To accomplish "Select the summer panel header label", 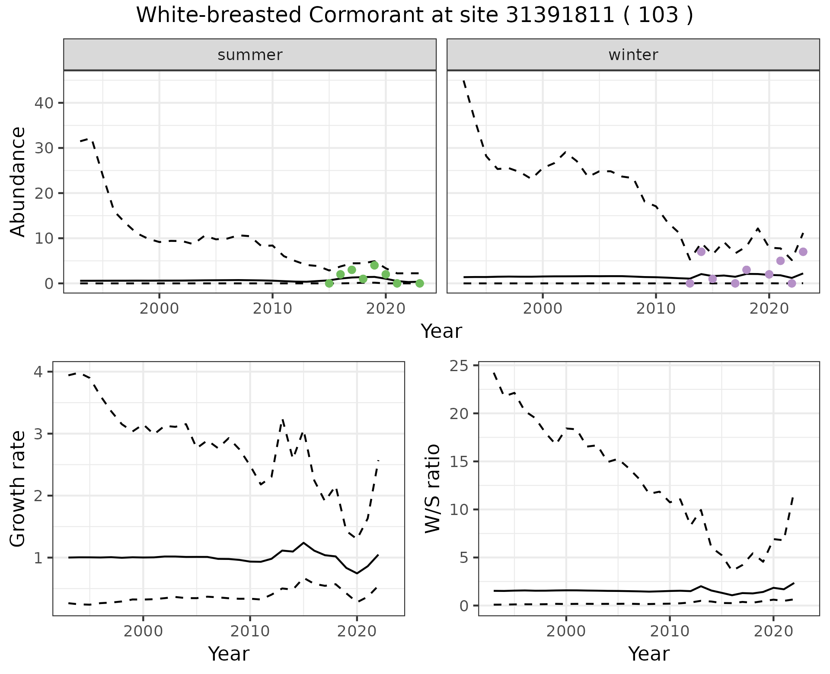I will click(250, 55).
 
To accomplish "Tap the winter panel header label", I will click(633, 55).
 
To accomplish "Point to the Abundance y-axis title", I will click(18, 181).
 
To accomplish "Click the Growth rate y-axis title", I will click(18, 490).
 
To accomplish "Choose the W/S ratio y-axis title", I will click(432, 489).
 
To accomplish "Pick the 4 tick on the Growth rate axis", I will click(41, 372).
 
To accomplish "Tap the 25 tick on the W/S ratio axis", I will click(461, 366).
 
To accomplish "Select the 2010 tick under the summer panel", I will click(272, 309).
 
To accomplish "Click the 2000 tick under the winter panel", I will click(543, 309).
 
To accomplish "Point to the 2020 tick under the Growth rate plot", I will click(357, 632).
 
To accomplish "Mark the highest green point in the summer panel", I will click(374, 265).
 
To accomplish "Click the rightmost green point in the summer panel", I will click(419, 283).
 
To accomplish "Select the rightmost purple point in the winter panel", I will click(803, 252).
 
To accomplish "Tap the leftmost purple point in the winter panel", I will click(690, 283).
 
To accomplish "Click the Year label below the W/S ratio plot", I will click(648, 654).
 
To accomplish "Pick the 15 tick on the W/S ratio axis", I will click(461, 462).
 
